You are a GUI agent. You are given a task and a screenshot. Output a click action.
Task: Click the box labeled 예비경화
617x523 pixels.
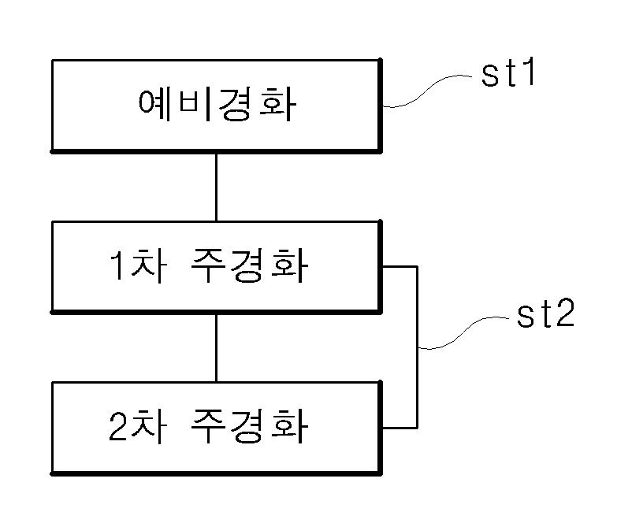[x=216, y=104]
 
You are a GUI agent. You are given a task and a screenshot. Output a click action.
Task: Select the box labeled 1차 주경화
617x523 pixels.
[x=216, y=267]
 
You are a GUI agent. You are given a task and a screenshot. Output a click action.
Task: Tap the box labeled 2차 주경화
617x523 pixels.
[x=216, y=427]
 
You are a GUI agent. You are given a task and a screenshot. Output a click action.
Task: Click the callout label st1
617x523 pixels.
[x=509, y=77]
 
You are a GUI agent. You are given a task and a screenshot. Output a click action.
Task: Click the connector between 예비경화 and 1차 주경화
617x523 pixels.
[x=216, y=186]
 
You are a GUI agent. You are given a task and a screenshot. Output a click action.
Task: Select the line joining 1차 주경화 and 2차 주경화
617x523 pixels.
[x=216, y=347]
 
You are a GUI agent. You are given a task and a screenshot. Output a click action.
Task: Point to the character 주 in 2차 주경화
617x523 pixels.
[x=207, y=428]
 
